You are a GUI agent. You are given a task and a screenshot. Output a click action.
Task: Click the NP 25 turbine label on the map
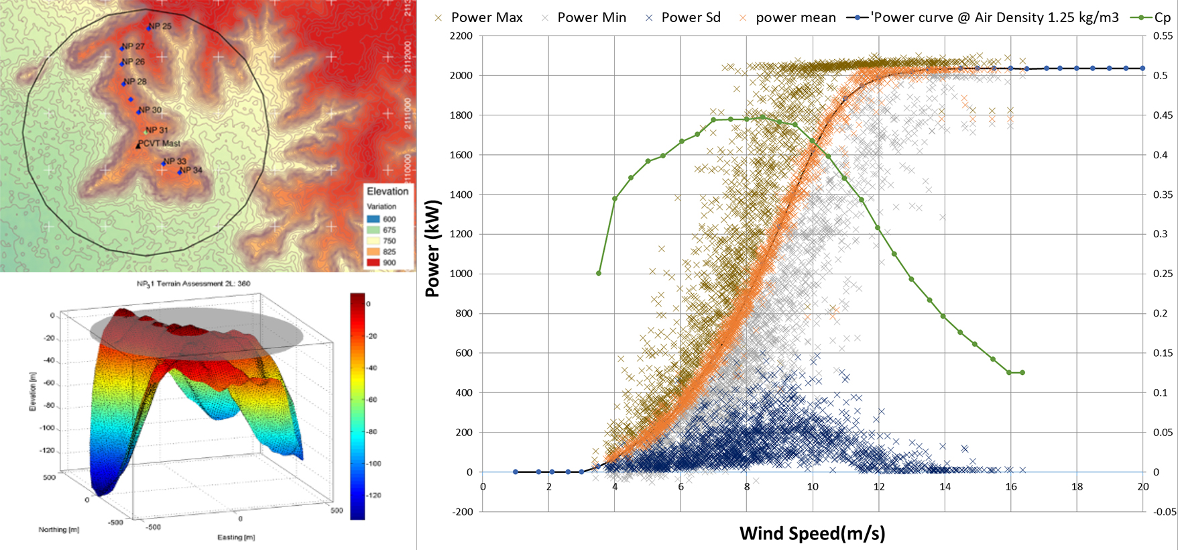[x=160, y=26]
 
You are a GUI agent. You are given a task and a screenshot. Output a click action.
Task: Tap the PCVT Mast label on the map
[x=160, y=143]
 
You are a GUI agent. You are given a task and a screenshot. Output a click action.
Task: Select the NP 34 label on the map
[x=190, y=170]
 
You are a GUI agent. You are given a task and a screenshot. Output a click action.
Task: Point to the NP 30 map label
[x=150, y=110]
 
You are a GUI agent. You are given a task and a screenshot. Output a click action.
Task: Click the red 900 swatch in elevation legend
[x=373, y=262]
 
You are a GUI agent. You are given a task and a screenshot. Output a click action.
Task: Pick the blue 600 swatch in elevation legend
[x=373, y=219]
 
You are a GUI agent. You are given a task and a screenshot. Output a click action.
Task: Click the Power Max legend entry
[x=479, y=18]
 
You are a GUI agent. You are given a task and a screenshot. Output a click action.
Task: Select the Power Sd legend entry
[x=683, y=18]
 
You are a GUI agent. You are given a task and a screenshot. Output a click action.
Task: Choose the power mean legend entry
[x=787, y=18]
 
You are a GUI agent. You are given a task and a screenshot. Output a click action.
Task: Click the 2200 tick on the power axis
[x=461, y=36]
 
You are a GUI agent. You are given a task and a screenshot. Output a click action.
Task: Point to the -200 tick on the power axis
[x=461, y=512]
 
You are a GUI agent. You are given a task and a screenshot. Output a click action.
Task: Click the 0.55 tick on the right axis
[x=1163, y=36]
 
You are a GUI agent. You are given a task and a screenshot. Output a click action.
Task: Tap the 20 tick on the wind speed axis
[x=1143, y=487]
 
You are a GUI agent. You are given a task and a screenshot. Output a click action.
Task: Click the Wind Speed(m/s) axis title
[x=812, y=534]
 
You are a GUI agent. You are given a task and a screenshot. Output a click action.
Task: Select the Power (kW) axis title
[x=433, y=248]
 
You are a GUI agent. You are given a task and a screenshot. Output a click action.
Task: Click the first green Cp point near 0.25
[x=599, y=273]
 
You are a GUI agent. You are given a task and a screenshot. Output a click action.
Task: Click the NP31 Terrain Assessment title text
[x=194, y=284]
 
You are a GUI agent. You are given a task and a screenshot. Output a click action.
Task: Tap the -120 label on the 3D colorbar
[x=373, y=495]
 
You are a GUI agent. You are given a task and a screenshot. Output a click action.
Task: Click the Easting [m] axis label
[x=236, y=537]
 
